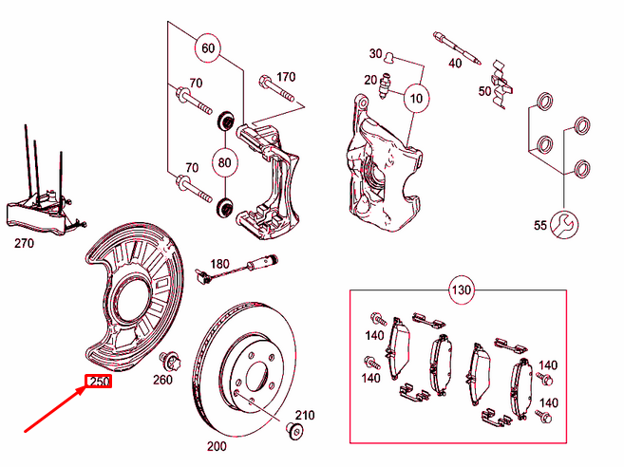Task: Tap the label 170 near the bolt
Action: (x=286, y=77)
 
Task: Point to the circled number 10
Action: (x=415, y=98)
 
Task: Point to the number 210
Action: (x=304, y=416)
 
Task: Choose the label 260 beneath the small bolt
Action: (x=161, y=381)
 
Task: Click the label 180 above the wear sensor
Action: (x=219, y=263)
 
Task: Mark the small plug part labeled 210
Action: (x=293, y=433)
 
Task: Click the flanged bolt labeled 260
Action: (x=171, y=361)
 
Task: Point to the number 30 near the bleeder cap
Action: (x=375, y=53)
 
